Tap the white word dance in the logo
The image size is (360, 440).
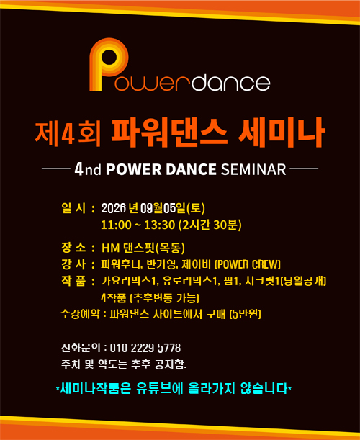pyautogui.click(x=231, y=82)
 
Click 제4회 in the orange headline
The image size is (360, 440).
pyautogui.click(x=68, y=134)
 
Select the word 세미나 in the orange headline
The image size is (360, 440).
pyautogui.click(x=282, y=133)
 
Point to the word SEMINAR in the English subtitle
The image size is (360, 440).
pyautogui.click(x=253, y=169)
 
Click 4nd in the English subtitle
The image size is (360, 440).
pyautogui.click(x=88, y=169)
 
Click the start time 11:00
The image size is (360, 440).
pyautogui.click(x=116, y=225)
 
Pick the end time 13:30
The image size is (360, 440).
pyautogui.click(x=160, y=225)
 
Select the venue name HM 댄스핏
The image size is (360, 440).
pyautogui.click(x=128, y=248)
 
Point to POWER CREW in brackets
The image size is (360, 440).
pyautogui.click(x=248, y=264)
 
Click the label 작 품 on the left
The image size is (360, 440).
pyautogui.click(x=73, y=281)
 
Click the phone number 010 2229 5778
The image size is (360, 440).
pyautogui.click(x=145, y=348)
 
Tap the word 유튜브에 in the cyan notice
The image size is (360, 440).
pyautogui.click(x=160, y=389)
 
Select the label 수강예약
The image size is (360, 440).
pyautogui.click(x=80, y=314)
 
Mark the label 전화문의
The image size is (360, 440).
pyautogui.click(x=81, y=348)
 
